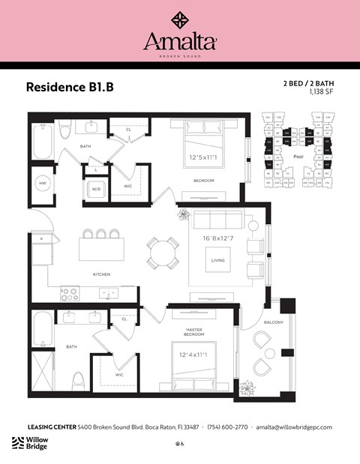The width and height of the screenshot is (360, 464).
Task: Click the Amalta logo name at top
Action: (180, 41)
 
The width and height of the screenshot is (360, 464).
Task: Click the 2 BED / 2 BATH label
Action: (307, 83)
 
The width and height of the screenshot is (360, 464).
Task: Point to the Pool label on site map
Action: (298, 157)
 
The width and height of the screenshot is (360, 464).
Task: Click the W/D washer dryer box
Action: (96, 190)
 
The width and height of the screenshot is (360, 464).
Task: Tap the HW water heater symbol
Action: (41, 184)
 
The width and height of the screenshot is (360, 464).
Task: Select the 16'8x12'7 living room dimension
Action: (218, 239)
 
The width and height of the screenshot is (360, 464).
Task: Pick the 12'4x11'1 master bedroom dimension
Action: (192, 354)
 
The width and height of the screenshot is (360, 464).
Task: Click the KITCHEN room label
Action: (101, 274)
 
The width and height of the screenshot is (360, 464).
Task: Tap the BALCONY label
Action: (274, 322)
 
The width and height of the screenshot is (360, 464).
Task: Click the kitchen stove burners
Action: (70, 294)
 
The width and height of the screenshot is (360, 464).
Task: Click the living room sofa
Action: (218, 220)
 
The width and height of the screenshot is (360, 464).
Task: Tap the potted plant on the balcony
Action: (246, 388)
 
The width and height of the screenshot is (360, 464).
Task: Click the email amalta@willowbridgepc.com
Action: (294, 427)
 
